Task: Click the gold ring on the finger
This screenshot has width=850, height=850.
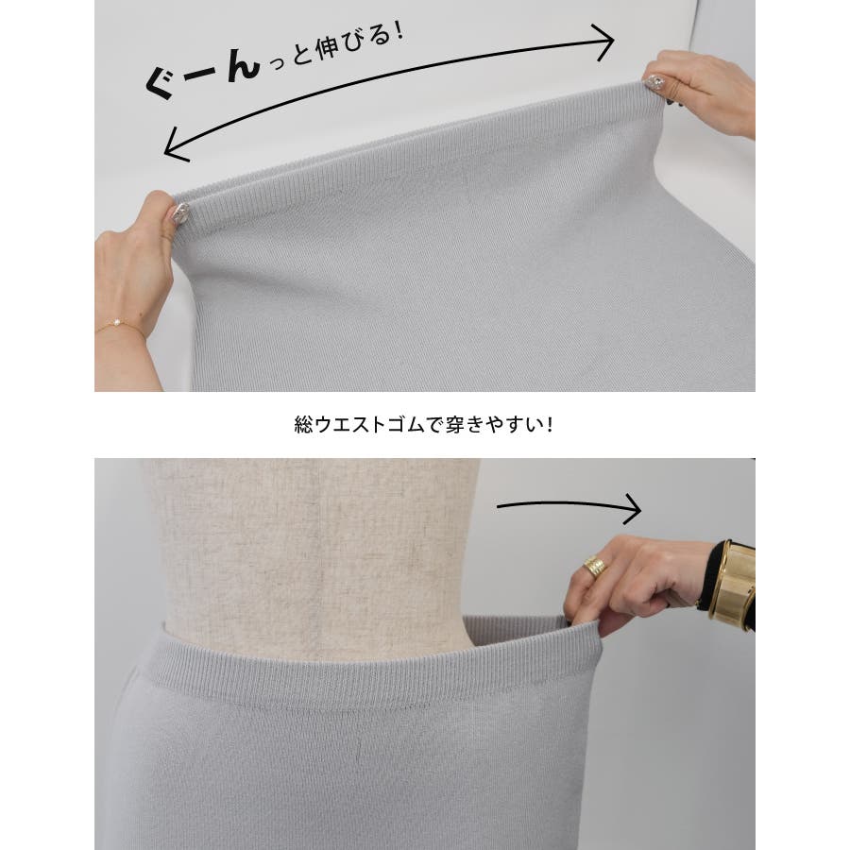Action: coord(595,567)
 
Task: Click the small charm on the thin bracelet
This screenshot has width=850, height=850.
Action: coord(117,323)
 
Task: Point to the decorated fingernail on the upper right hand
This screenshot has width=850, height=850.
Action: coord(654,82)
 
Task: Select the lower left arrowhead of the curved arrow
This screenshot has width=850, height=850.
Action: coord(175,146)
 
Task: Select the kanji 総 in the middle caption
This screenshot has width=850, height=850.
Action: coord(304,424)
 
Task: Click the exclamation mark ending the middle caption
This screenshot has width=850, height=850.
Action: coord(550,424)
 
